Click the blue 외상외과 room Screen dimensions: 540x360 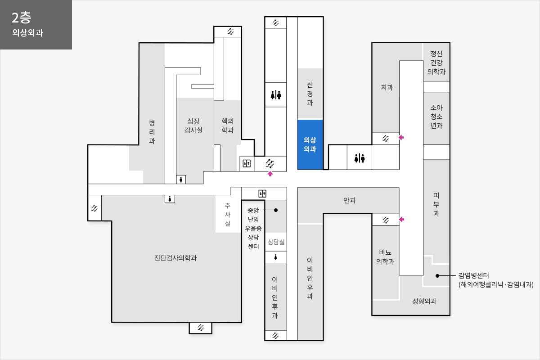click(x=310, y=145)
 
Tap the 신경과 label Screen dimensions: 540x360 click(x=310, y=94)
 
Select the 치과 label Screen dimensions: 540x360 click(x=387, y=87)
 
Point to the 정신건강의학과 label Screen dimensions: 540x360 click(x=436, y=63)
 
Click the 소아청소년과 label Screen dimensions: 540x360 click(x=436, y=117)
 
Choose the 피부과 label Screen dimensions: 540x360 click(x=436, y=204)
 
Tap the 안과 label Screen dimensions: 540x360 click(x=349, y=200)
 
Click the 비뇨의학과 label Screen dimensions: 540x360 click(x=385, y=257)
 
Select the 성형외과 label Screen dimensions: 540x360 click(x=424, y=301)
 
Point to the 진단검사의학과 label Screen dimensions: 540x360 click(x=175, y=258)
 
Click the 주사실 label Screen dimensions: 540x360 click(x=228, y=214)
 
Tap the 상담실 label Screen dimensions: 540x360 click(x=276, y=242)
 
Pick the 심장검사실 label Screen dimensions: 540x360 click(x=193, y=126)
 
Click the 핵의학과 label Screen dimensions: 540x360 click(x=228, y=126)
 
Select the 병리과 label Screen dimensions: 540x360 click(x=152, y=132)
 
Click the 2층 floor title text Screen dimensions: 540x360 click(x=22, y=18)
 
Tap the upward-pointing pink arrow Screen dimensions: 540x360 click(x=270, y=174)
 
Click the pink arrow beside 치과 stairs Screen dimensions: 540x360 click(x=401, y=137)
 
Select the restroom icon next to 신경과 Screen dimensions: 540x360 click(x=276, y=95)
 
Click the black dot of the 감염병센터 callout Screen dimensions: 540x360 click(x=437, y=275)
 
